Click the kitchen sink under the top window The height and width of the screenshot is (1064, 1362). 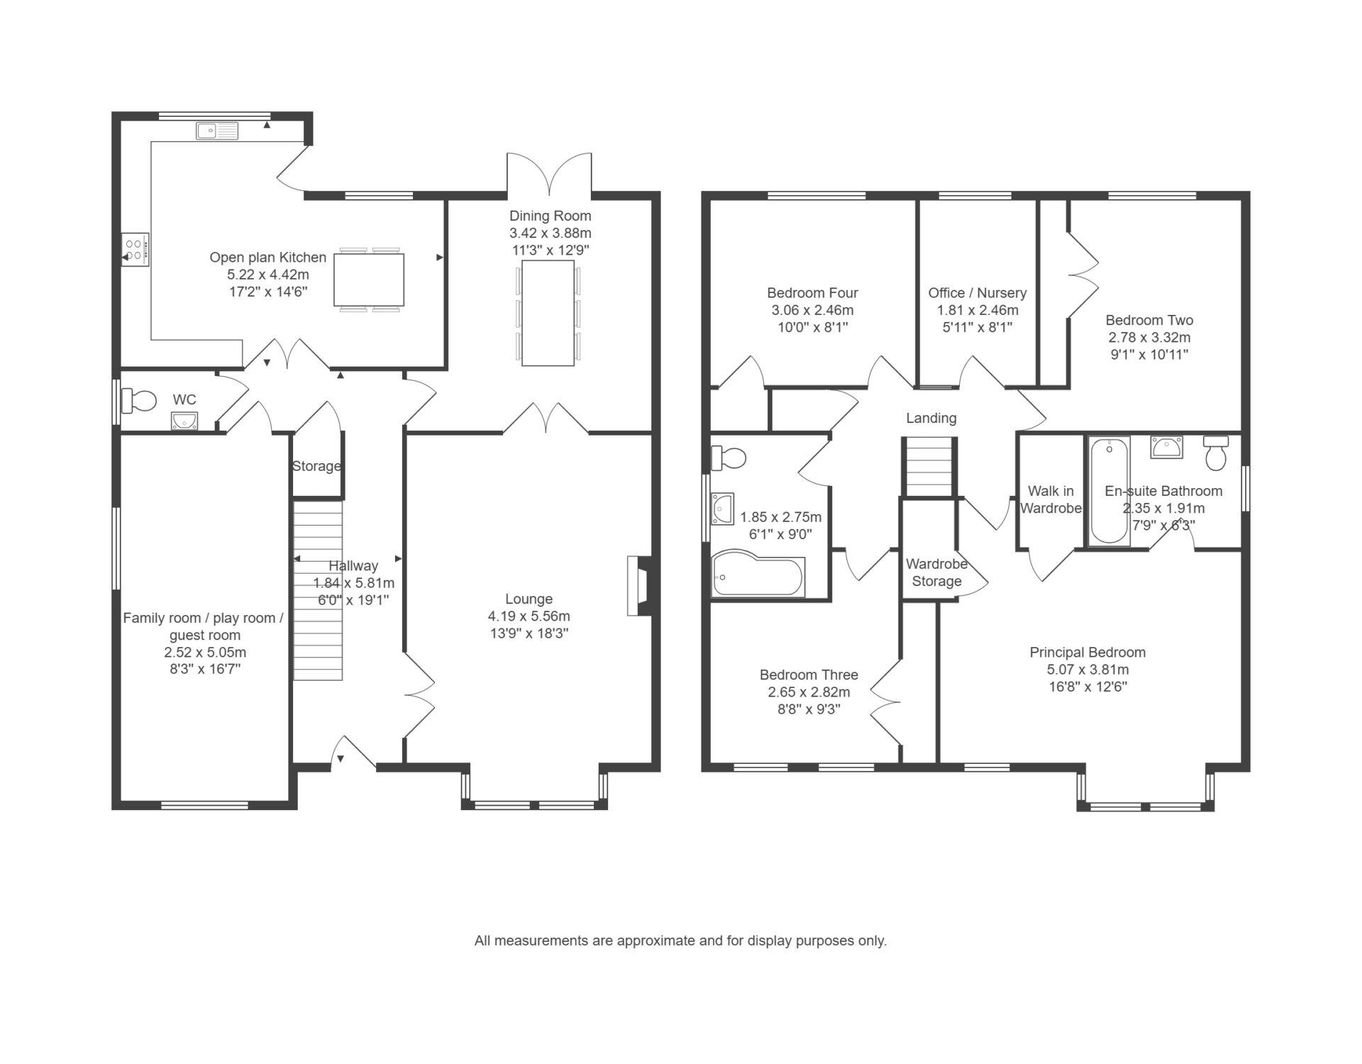tap(218, 131)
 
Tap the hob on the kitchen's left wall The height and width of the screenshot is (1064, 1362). tap(135, 250)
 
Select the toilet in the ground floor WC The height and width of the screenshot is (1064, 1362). tap(138, 401)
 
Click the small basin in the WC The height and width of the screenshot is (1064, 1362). tap(184, 421)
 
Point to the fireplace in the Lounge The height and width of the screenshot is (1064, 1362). tap(637, 585)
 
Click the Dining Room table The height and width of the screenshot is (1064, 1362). tap(548, 313)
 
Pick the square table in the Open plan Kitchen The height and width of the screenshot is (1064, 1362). tap(369, 279)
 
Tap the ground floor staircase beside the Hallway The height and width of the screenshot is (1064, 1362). tap(318, 590)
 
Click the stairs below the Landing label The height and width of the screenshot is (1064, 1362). tap(929, 466)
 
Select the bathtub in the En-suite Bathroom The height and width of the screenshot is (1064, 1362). tap(1109, 491)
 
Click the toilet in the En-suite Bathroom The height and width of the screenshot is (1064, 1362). tap(1216, 452)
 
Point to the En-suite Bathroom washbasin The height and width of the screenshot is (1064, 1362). tap(1167, 447)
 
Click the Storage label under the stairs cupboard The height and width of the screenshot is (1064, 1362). tap(316, 466)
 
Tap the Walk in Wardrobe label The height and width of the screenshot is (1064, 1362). tap(1051, 499)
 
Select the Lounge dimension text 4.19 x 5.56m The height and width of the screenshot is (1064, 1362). tap(528, 616)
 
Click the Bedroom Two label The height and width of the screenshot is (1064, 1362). tap(1149, 320)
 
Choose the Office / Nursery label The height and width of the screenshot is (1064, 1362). tap(978, 293)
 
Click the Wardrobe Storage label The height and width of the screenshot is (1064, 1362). tap(937, 572)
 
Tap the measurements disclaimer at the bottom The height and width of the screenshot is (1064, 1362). tap(681, 941)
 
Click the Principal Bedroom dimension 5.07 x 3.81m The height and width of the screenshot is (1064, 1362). tap(1088, 670)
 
